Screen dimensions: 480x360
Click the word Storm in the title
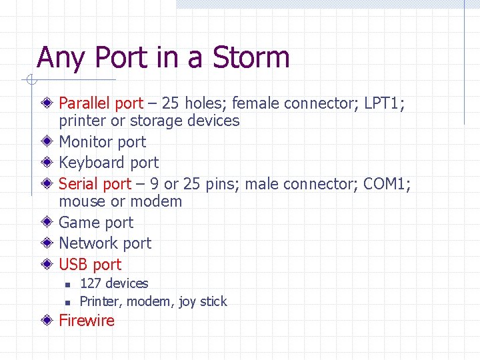tap(251, 58)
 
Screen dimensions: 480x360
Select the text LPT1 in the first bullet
tap(383, 103)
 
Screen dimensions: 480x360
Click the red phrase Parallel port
tap(101, 103)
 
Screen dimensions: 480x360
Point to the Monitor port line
tap(102, 141)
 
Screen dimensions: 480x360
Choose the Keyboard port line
tap(109, 163)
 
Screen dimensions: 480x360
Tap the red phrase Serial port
tap(95, 183)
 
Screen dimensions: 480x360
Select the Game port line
tap(96, 223)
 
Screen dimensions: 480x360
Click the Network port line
tap(105, 243)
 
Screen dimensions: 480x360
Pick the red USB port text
tap(90, 264)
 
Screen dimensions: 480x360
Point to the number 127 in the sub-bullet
tap(91, 283)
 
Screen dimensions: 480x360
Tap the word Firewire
tap(87, 321)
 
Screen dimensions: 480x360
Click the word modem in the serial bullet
tap(156, 201)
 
